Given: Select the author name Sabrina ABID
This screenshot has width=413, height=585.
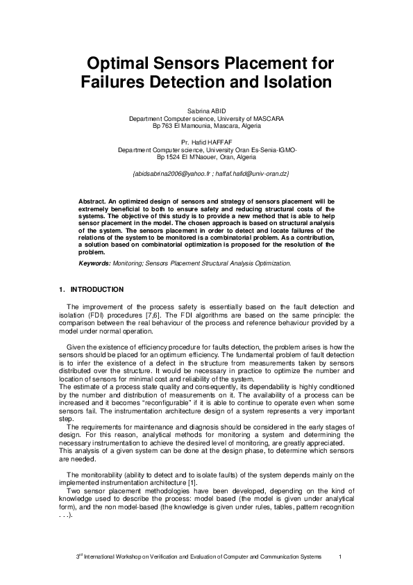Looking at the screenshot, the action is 206,111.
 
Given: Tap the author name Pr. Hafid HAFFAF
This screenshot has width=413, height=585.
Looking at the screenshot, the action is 206,142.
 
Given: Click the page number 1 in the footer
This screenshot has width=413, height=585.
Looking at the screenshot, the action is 340,558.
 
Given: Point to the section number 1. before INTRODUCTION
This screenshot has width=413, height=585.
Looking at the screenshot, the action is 62,290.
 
